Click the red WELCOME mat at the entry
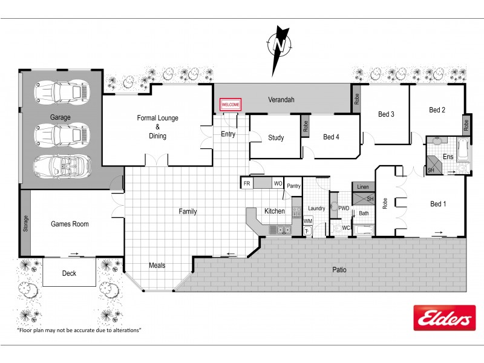click(x=231, y=105)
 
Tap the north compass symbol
click(x=279, y=45)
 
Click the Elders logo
click(x=444, y=318)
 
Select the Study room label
click(x=276, y=138)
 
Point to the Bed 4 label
click(x=331, y=137)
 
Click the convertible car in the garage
click(x=62, y=164)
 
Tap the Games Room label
click(x=70, y=224)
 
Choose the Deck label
click(x=69, y=273)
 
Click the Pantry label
click(x=294, y=186)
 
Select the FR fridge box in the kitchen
click(x=247, y=183)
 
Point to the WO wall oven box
click(x=278, y=183)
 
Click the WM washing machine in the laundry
click(x=307, y=222)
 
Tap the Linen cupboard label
click(x=363, y=188)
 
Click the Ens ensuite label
click(x=448, y=157)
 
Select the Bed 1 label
click(x=438, y=204)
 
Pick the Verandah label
click(x=281, y=100)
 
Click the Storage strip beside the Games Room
click(x=25, y=223)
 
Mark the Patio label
click(x=338, y=270)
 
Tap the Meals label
click(x=157, y=265)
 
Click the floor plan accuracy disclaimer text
click(x=79, y=330)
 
